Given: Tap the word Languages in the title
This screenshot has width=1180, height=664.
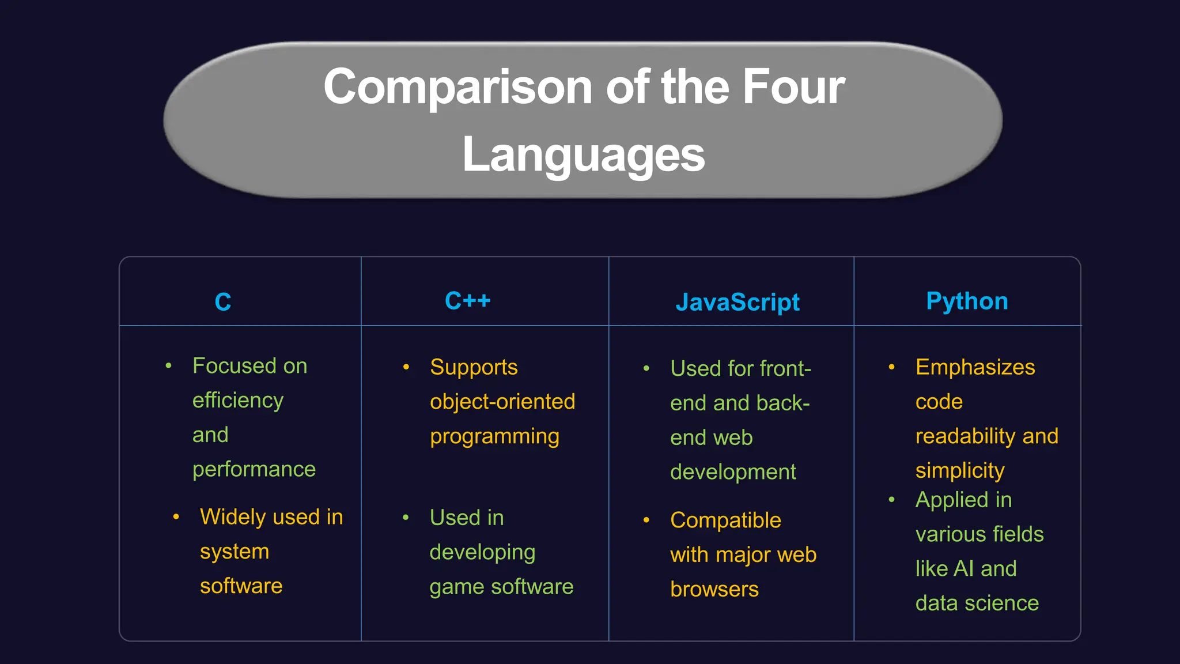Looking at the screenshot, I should tap(583, 154).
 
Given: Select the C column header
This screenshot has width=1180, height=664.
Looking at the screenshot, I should tap(223, 301).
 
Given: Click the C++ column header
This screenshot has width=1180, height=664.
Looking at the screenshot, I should tap(467, 300).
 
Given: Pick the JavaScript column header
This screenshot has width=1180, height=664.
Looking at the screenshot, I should tap(737, 302).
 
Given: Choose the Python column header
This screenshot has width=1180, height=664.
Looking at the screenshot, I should tap(967, 301).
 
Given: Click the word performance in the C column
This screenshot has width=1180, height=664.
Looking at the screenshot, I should tap(254, 470).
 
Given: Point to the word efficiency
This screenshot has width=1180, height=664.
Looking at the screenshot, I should tap(238, 401).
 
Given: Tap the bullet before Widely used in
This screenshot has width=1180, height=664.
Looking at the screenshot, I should tap(176, 516).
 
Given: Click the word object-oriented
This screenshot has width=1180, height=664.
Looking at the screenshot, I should tap(502, 402).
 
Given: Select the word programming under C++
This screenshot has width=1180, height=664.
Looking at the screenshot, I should tap(494, 437).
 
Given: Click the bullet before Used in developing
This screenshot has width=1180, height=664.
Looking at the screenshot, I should tap(406, 518).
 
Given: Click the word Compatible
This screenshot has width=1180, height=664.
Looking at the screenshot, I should tap(725, 520).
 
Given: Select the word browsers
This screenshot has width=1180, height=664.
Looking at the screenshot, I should tap(714, 589).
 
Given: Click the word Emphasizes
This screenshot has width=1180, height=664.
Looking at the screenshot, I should tap(975, 367).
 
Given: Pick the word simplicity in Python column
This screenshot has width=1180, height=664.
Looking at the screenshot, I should tap(960, 471).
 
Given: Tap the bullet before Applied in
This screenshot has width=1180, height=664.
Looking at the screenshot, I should tap(892, 500).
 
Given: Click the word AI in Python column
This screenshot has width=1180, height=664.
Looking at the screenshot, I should tap(964, 569).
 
